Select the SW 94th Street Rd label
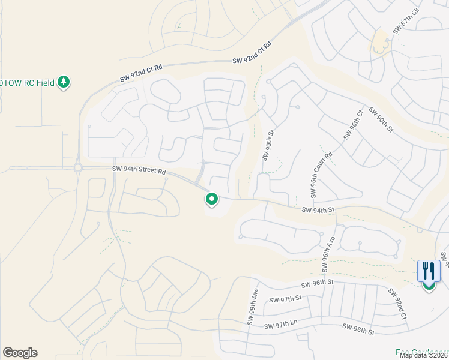tap(139, 170)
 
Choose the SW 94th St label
tap(318, 210)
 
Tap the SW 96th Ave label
tap(329, 250)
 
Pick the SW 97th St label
tap(285, 299)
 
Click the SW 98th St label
tap(358, 328)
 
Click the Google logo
tap(20, 353)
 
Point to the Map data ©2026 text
tap(423, 355)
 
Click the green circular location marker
tap(211, 198)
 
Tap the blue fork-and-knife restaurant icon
tap(429, 271)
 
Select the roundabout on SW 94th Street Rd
tap(77, 168)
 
